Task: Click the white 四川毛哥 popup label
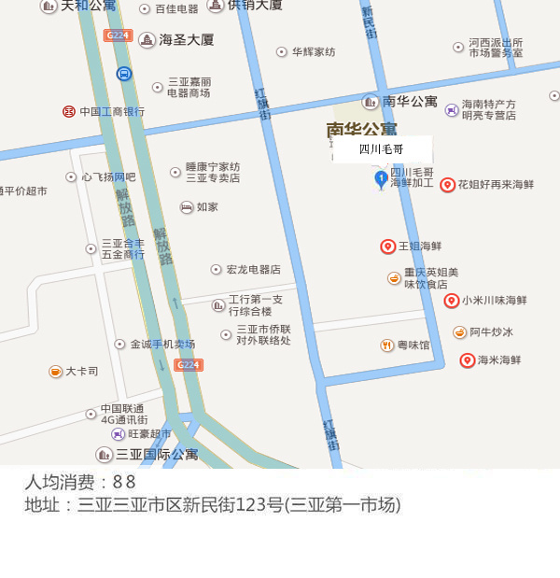pyautogui.click(x=382, y=149)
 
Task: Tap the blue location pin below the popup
pyautogui.click(x=381, y=179)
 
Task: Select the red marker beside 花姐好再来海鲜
pyautogui.click(x=448, y=185)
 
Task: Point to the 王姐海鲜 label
pyautogui.click(x=420, y=247)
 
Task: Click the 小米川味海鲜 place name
pyautogui.click(x=495, y=301)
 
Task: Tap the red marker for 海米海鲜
pyautogui.click(x=468, y=359)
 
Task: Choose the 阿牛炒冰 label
pyautogui.click(x=492, y=331)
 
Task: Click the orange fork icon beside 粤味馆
pyautogui.click(x=387, y=345)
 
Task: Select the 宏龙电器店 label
pyautogui.click(x=253, y=269)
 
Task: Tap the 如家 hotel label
pyautogui.click(x=207, y=207)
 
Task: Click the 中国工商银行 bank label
pyautogui.click(x=112, y=111)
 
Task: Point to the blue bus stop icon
pyautogui.click(x=124, y=73)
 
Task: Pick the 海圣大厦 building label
pyautogui.click(x=187, y=40)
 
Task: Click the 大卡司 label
pyautogui.click(x=81, y=371)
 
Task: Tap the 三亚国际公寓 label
pyautogui.click(x=157, y=455)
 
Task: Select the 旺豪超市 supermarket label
pyautogui.click(x=149, y=433)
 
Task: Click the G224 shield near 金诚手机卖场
pyautogui.click(x=188, y=365)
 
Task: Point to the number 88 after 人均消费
pyautogui.click(x=124, y=483)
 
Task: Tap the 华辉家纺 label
pyautogui.click(x=314, y=52)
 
